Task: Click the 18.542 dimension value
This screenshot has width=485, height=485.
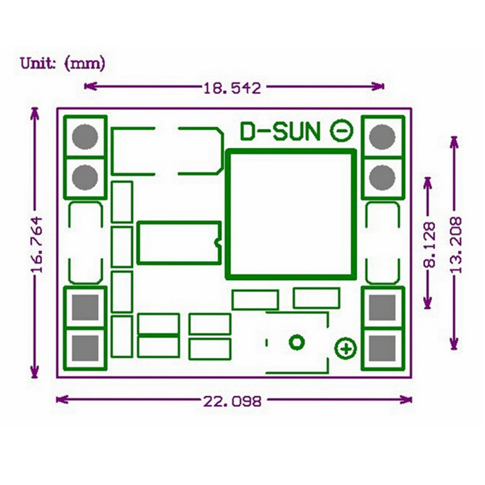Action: [232, 88]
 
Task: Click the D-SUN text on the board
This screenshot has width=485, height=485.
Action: [280, 131]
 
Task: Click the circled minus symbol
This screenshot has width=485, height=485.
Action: [341, 130]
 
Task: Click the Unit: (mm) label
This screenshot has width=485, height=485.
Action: [62, 62]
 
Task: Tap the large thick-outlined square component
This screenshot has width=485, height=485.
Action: [290, 213]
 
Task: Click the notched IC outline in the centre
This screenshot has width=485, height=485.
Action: [179, 243]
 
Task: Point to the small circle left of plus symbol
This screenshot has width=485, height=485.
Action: [296, 343]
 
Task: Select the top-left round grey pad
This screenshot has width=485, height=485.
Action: [85, 136]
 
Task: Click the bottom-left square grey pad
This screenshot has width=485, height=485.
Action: [85, 348]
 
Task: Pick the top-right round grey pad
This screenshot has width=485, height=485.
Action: [382, 136]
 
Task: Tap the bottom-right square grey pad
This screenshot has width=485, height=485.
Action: [382, 348]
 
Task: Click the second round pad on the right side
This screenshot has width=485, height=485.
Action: [382, 177]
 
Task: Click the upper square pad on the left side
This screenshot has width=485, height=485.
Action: [85, 307]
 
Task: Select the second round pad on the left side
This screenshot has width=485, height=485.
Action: [85, 177]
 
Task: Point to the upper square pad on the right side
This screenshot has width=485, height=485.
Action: [382, 307]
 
